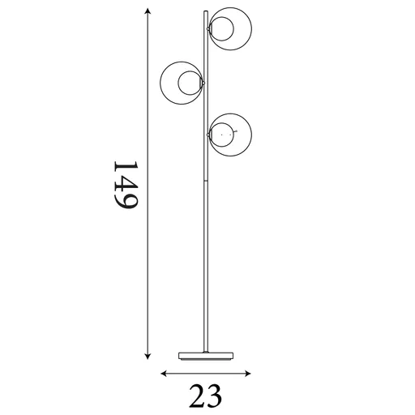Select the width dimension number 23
[205, 396]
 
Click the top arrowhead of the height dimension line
[148, 11]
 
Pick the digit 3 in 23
[215, 396]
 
